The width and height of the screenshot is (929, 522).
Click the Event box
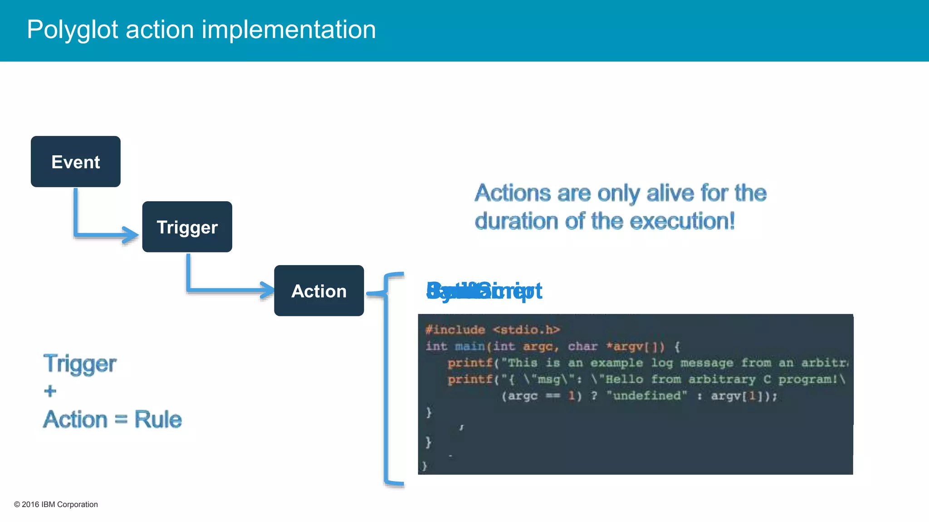(75, 162)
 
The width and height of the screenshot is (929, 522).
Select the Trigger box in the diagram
(187, 227)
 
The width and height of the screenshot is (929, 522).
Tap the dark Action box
(319, 291)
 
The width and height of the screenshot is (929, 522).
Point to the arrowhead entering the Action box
(267, 290)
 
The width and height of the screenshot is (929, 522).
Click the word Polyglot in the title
(72, 30)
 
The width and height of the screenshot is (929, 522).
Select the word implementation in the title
(288, 30)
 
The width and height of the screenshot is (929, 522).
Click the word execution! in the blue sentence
(682, 221)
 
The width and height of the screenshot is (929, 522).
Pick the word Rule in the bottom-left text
(158, 419)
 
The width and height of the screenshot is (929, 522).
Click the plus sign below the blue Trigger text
(50, 391)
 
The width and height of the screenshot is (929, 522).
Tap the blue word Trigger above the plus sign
(80, 363)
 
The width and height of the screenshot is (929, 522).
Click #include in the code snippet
(455, 330)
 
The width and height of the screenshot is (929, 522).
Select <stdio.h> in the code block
(526, 330)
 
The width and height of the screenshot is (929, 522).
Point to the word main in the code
(470, 347)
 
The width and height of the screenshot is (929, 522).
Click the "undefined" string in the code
(647, 396)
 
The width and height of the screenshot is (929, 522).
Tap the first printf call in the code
(470, 363)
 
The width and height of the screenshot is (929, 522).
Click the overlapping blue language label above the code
(484, 291)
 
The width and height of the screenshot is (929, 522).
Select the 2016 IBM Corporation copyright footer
(56, 504)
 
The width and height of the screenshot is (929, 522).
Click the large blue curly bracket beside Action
(386, 378)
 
